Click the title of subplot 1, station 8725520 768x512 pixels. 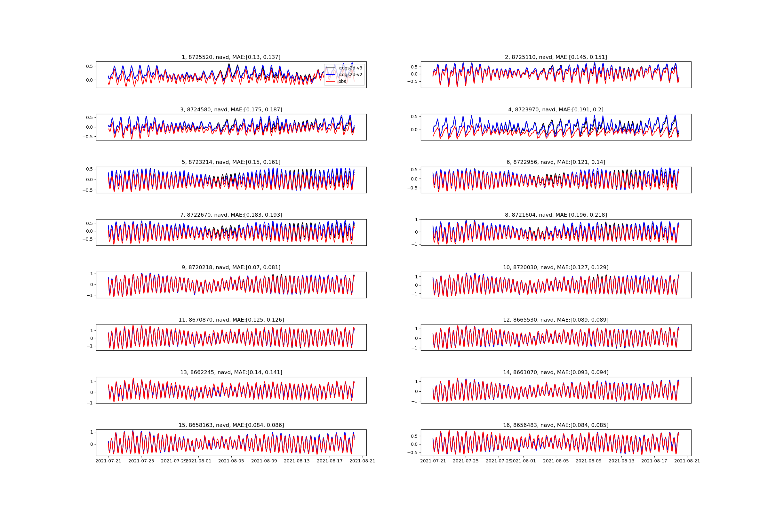coord(231,57)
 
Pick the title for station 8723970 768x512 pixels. coord(556,110)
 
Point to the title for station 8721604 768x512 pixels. coord(556,215)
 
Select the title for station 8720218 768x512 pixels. coord(231,268)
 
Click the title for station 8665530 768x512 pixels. coord(556,320)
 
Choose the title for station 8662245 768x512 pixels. coord(231,372)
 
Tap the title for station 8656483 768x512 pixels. coord(556,425)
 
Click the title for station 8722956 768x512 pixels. coord(556,162)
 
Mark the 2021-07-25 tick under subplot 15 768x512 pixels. coord(141,461)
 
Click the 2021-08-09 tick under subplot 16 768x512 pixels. coord(589,461)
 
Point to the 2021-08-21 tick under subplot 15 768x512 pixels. coord(363,461)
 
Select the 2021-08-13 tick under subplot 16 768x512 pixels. coord(621,461)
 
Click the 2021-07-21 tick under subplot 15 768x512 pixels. coord(108,461)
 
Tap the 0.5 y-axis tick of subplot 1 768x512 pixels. coord(89,66)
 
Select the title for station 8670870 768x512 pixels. coord(231,320)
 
